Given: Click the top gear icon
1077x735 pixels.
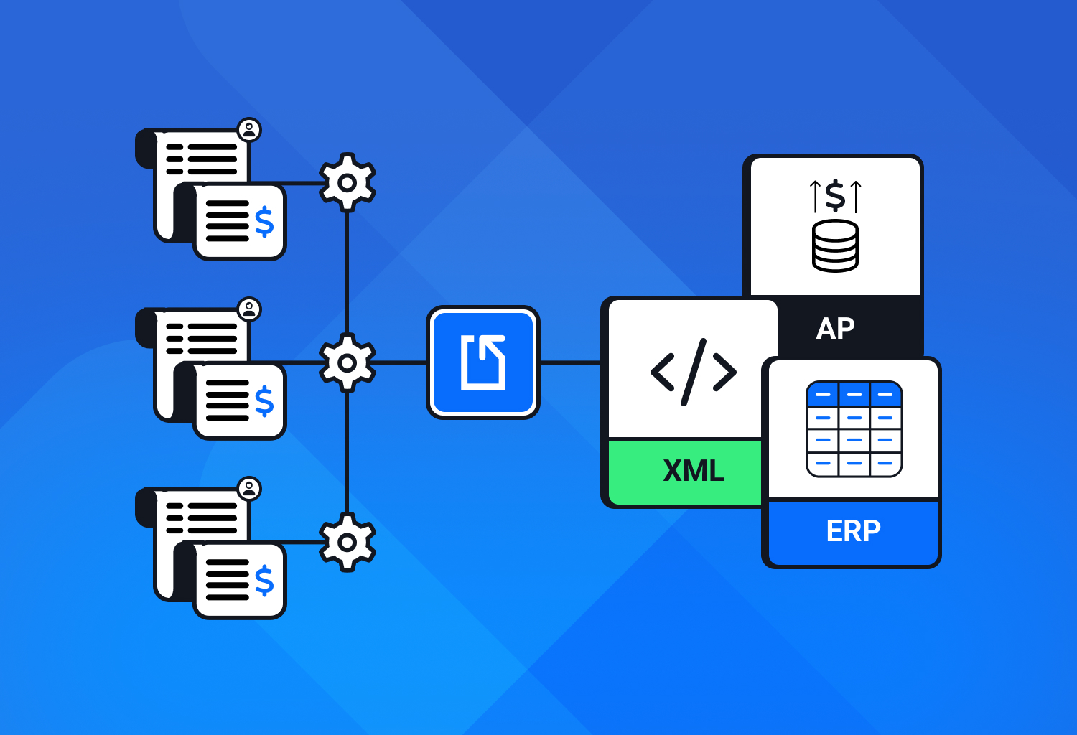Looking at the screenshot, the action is point(347,182).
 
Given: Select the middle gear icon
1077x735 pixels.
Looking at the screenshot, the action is point(347,363).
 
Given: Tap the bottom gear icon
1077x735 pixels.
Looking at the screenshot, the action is point(347,543).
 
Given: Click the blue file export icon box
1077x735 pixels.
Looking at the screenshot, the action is point(483,362).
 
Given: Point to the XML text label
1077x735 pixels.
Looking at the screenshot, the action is point(694,471).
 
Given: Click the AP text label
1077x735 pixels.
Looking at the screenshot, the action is point(836,329).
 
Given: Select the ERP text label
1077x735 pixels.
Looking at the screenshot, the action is point(854,531).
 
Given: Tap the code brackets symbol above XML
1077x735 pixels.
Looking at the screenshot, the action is point(694,372).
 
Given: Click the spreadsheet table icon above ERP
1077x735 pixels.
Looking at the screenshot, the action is point(854,429).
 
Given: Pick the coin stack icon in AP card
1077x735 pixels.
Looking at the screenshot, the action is point(835,246).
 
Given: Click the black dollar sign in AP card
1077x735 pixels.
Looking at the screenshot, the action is point(835,195).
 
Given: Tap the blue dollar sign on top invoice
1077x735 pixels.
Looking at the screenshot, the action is point(264,222).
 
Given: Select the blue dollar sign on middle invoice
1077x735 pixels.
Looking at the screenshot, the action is point(264,401).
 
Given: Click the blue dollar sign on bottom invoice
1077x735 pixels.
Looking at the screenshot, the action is point(264,581).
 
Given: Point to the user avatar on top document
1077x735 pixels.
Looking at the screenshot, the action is point(249,130).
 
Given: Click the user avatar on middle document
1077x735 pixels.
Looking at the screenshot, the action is point(249,309).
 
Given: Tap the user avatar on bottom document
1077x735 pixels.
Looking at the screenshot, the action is point(249,489).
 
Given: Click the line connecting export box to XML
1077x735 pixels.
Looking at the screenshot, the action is point(570,363).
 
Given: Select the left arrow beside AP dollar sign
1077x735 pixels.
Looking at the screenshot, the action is point(815,196).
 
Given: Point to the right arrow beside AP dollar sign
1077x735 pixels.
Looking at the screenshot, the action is point(856,196).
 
